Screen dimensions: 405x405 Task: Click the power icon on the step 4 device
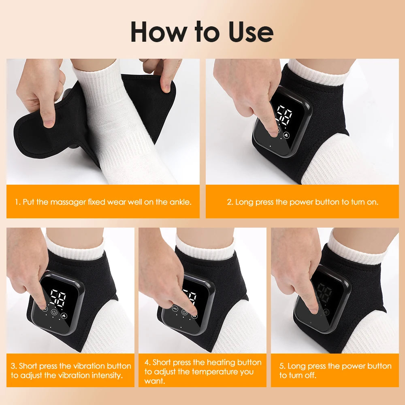click(184, 312)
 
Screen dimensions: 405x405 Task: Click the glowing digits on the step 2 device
click(283, 115)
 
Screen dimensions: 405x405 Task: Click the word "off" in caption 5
click(310, 375)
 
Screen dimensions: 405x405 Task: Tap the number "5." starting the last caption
click(282, 366)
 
